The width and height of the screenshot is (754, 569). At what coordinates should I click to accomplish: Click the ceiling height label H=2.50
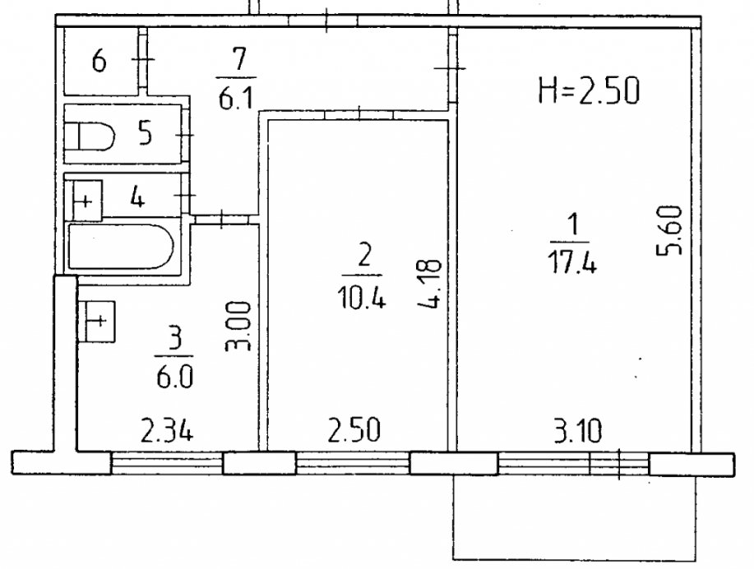click(589, 91)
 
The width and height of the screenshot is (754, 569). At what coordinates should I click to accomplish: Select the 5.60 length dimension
click(669, 231)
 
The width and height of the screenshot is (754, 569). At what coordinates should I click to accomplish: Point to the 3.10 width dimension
click(577, 430)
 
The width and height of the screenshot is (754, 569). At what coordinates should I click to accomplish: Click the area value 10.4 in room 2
click(362, 298)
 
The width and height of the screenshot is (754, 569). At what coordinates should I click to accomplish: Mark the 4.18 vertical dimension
click(428, 284)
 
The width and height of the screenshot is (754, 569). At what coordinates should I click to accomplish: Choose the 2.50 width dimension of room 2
click(354, 430)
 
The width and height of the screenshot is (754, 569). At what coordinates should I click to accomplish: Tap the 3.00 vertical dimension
click(238, 326)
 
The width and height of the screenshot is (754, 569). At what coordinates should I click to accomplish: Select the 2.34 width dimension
click(167, 430)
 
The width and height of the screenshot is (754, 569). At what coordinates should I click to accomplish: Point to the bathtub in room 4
click(120, 246)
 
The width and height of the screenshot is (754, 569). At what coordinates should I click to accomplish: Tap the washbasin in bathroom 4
click(87, 201)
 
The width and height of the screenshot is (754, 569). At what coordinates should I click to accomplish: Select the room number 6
click(99, 62)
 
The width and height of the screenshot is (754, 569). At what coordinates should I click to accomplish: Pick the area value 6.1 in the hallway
click(236, 99)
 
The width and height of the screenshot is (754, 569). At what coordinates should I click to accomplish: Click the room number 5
click(145, 132)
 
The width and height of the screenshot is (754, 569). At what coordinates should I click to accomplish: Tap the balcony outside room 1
click(575, 517)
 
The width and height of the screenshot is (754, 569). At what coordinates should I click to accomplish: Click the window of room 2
click(353, 464)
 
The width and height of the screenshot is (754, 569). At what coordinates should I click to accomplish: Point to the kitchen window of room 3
click(167, 464)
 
